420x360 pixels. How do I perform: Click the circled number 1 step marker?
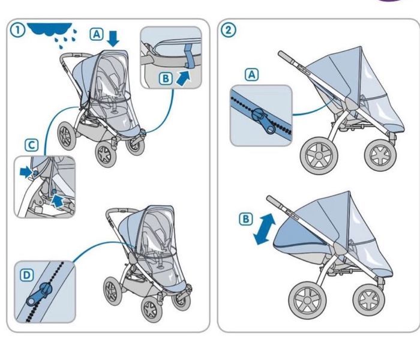click(x=17, y=30)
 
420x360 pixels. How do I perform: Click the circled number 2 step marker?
click(x=228, y=30)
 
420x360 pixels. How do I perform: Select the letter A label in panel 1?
click(x=97, y=34)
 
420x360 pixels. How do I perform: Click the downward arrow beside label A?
click(x=113, y=38)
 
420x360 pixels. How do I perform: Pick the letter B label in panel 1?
click(x=166, y=79)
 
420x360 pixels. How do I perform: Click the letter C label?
click(x=31, y=145)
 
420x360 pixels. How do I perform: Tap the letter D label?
click(x=27, y=275)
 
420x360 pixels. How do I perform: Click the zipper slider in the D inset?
click(x=40, y=294)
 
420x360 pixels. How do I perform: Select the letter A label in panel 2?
click(x=252, y=75)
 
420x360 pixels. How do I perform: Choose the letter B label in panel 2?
click(x=245, y=219)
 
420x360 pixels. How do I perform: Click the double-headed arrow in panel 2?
click(x=265, y=229)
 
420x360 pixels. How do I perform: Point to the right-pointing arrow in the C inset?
click(x=26, y=172)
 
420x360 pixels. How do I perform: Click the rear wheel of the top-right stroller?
click(x=319, y=156)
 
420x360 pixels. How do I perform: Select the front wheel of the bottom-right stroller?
click(x=369, y=299)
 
